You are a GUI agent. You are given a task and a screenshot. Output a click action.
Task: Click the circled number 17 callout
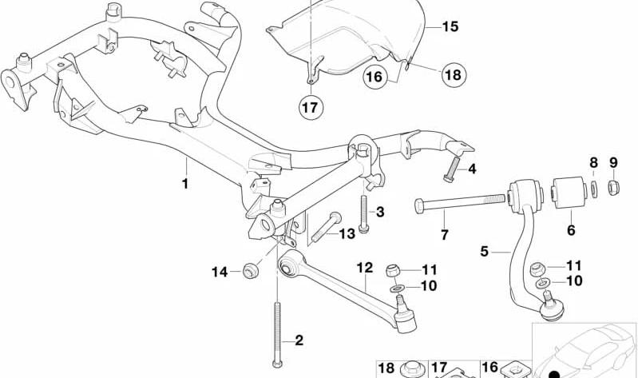point(311,108)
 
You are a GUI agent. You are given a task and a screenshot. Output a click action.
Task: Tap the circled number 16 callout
point(374,77)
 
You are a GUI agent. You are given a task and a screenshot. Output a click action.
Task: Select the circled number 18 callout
point(454,74)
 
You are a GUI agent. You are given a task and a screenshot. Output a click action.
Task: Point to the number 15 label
point(450,26)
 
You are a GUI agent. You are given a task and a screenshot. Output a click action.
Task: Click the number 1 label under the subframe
point(185,184)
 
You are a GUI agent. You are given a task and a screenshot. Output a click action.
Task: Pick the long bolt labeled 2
point(278,334)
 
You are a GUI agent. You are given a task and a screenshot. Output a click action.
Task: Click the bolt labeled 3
point(364,213)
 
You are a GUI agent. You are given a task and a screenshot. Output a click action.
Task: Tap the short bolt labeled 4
point(453,169)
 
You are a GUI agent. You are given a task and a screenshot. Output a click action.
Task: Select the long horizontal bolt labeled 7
point(460,201)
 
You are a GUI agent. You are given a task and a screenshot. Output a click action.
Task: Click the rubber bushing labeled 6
point(569,192)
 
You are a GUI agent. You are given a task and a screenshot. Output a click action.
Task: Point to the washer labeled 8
point(594,189)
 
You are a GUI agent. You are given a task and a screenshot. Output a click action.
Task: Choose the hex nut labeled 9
point(613,188)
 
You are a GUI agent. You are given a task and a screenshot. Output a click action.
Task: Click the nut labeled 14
point(250,271)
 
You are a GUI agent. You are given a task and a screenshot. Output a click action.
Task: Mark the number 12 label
point(365,268)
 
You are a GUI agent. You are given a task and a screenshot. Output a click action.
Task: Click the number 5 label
point(484,251)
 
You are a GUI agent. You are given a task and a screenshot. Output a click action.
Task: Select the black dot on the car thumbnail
point(553,373)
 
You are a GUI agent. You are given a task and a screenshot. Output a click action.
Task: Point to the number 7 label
point(444,235)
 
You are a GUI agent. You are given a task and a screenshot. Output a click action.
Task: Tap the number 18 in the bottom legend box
point(386,368)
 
